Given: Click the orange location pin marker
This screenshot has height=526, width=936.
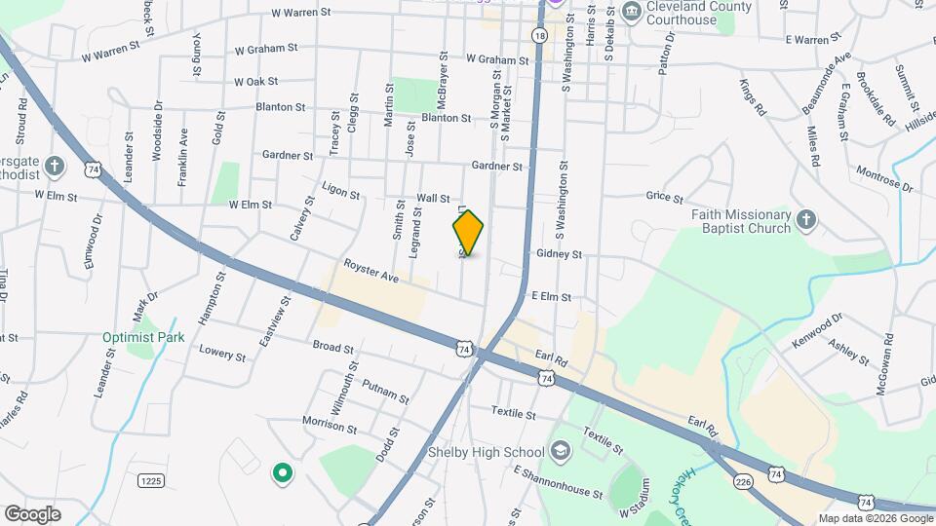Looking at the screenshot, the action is point(468,233).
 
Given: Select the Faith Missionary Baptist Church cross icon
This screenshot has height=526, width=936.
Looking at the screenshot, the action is point(805,221).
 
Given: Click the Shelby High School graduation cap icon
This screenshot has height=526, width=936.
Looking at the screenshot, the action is point(560,451).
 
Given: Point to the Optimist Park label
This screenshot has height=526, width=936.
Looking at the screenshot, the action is point(143,338).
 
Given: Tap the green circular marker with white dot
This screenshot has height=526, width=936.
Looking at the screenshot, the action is point(282,474).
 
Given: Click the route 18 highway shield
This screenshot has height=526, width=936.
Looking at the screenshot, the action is point(539,35).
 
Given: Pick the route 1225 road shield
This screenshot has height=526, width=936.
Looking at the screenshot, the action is point(149,480).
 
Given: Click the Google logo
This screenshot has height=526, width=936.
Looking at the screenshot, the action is point(31,513).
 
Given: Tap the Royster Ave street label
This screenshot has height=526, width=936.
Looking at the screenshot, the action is point(371,272).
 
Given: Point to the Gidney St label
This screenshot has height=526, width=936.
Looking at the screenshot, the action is point(559,254).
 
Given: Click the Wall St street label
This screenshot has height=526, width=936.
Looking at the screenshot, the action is point(433,198).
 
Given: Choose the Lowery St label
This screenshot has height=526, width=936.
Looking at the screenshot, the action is point(221,352).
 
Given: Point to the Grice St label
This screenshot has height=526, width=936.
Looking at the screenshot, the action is point(665,198).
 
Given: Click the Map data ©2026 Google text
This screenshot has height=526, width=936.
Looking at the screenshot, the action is point(875,518).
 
